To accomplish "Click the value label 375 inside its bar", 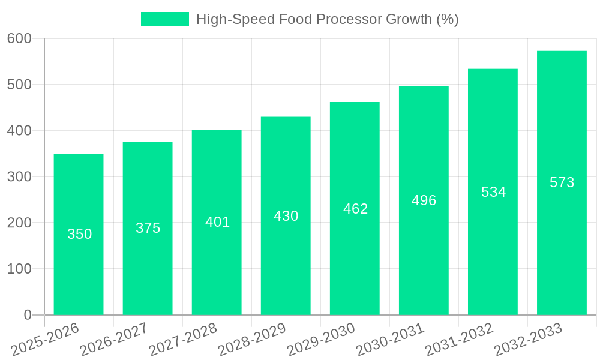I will [x=148, y=228].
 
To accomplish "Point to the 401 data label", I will [x=217, y=222].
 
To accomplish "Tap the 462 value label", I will [x=355, y=209].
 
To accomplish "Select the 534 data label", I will [x=493, y=192].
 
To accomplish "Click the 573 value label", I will [x=562, y=182].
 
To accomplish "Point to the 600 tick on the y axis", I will [x=20, y=38].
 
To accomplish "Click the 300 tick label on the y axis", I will [x=20, y=177].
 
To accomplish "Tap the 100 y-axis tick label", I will [x=20, y=269].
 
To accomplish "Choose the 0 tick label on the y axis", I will [x=28, y=315].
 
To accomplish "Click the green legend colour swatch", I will [x=164, y=19].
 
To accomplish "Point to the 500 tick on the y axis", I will [x=20, y=85].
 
